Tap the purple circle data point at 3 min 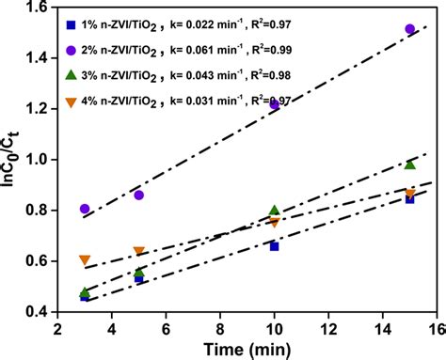[86, 209]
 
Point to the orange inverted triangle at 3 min [86, 259]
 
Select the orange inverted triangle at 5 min [139, 251]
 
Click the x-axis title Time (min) [247, 348]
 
